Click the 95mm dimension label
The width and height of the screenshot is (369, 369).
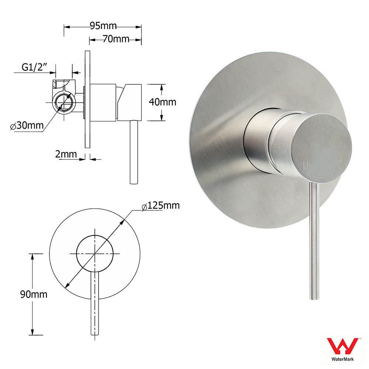pyautogui.click(x=103, y=26)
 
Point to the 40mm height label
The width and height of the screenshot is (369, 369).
pyautogui.click(x=162, y=102)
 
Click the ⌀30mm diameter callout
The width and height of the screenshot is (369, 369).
pyautogui.click(x=25, y=126)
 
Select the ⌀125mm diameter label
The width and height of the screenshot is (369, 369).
pyautogui.click(x=161, y=206)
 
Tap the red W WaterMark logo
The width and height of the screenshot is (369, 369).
pyautogui.click(x=343, y=346)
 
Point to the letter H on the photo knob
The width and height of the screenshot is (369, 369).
pyautogui.click(x=305, y=166)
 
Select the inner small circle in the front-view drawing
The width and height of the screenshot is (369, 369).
pyautogui.click(x=94, y=253)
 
